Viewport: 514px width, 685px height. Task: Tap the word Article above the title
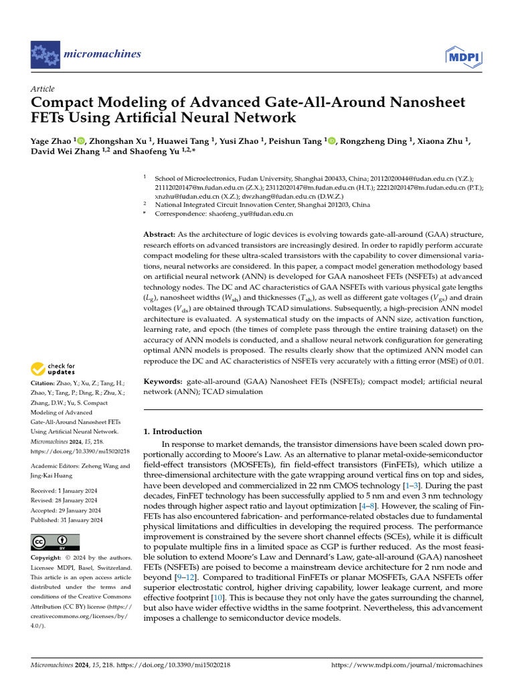click(43, 89)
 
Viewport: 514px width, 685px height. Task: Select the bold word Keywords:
click(164, 381)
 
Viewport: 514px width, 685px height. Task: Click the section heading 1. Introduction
click(173, 431)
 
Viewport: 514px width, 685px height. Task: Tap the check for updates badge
click(53, 369)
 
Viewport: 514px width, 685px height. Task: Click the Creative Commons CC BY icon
click(56, 541)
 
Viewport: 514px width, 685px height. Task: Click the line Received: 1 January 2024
click(66, 491)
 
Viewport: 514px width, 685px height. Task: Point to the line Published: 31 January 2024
click(67, 520)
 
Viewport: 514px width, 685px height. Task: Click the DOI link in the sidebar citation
click(80, 452)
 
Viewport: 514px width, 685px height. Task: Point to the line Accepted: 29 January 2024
click(66, 510)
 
